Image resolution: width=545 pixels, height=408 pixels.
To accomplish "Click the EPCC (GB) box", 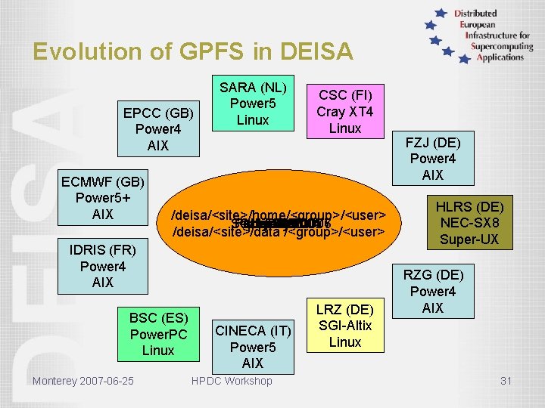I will [x=159, y=128].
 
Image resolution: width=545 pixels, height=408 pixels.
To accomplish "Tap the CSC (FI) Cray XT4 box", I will [x=344, y=111].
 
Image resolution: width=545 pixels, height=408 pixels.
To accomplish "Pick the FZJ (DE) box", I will [x=433, y=159].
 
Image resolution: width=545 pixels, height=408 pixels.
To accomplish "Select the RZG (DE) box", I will [x=433, y=292].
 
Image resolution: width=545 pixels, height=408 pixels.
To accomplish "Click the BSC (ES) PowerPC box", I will [x=158, y=333].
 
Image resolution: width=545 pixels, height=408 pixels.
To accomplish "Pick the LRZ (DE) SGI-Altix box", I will [x=345, y=325].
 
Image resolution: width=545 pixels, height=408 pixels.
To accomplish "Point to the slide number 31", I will [x=506, y=381].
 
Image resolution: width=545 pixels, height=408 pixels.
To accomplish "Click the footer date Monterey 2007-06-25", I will [x=83, y=380].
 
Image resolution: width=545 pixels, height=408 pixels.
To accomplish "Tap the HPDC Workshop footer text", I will [x=232, y=381].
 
